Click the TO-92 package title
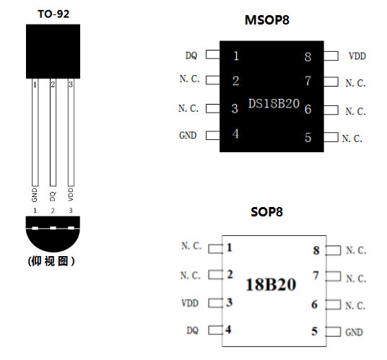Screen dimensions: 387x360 coord(53,14)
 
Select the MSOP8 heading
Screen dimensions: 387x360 coord(267,20)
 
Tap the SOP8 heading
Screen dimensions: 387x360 coord(266,212)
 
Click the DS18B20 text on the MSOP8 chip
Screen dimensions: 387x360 coord(274,104)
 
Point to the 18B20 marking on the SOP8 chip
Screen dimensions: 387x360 coord(271,284)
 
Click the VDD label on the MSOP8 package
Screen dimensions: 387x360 coord(357,56)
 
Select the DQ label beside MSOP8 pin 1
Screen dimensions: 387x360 coord(191,56)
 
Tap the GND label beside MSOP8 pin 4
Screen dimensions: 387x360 coord(188,136)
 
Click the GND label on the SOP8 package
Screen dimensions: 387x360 coord(354,333)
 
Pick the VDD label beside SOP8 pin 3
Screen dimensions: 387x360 coord(190,303)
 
